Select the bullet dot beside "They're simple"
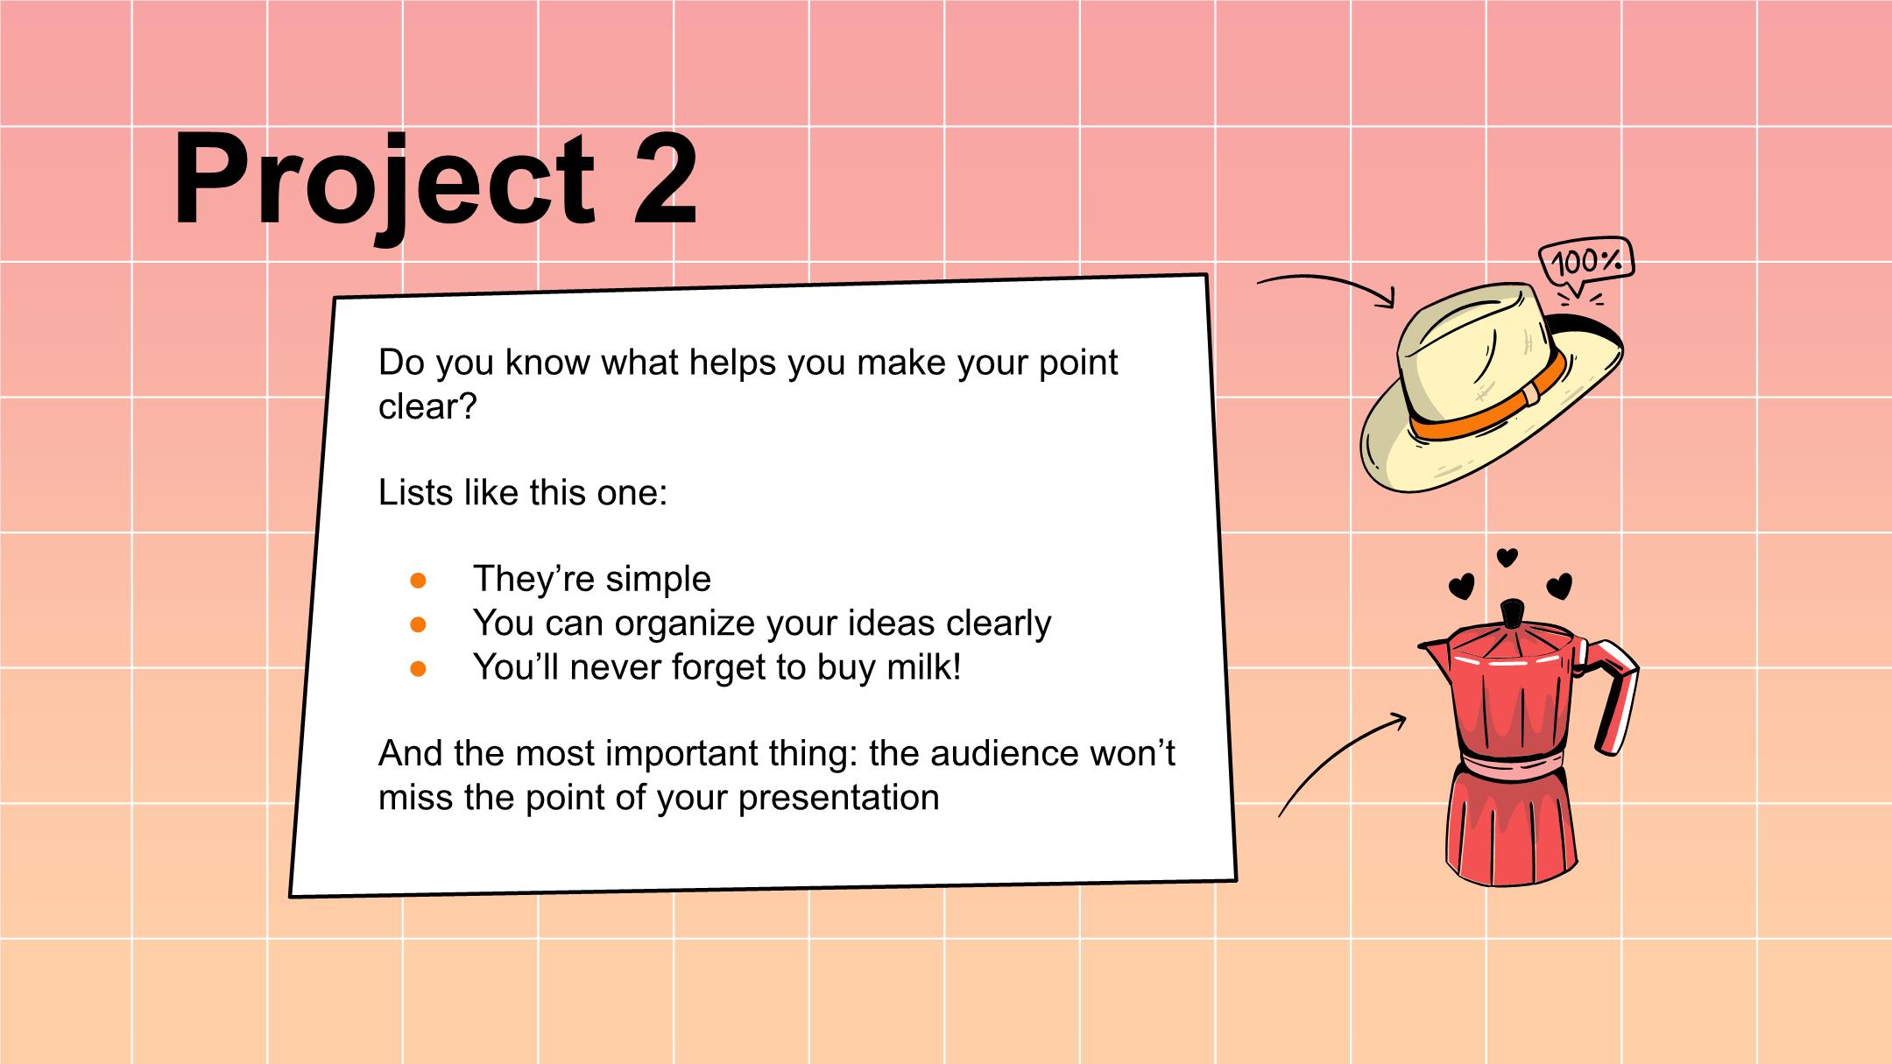coord(418,580)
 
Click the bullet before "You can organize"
coord(418,624)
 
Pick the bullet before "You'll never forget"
coord(418,669)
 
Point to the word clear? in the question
coord(427,406)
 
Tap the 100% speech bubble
coord(1587,261)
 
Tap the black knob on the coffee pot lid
coord(1511,613)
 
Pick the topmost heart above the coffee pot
coord(1507,556)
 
